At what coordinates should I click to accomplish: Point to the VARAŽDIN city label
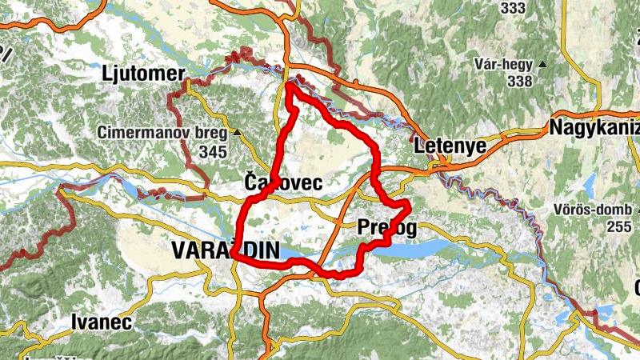click(226, 252)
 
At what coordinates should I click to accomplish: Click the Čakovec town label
click(283, 183)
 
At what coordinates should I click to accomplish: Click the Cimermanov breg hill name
click(162, 132)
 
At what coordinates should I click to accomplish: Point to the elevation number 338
click(519, 81)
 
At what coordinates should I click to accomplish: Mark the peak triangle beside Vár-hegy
click(543, 64)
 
